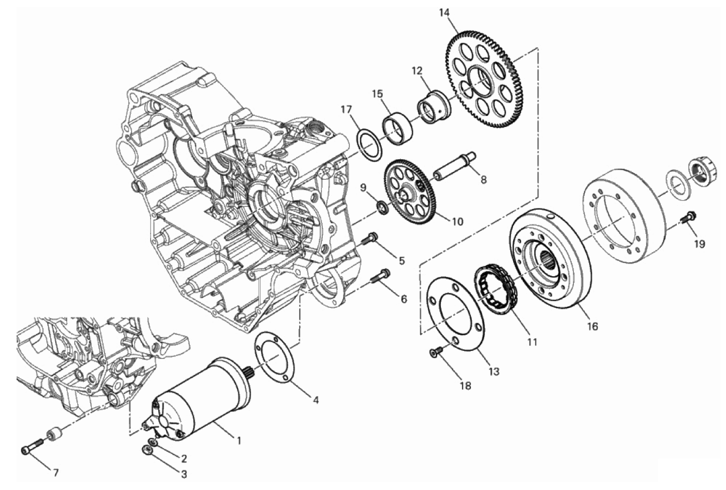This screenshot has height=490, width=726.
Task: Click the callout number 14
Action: pos(445,13)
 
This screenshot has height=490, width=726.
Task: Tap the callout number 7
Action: pos(56,473)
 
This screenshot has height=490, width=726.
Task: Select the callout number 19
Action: pos(700,244)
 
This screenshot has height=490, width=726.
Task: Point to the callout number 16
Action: pos(592,326)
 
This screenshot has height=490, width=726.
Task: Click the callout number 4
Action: pos(315,400)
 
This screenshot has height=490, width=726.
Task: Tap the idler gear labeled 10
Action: pos(412,192)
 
